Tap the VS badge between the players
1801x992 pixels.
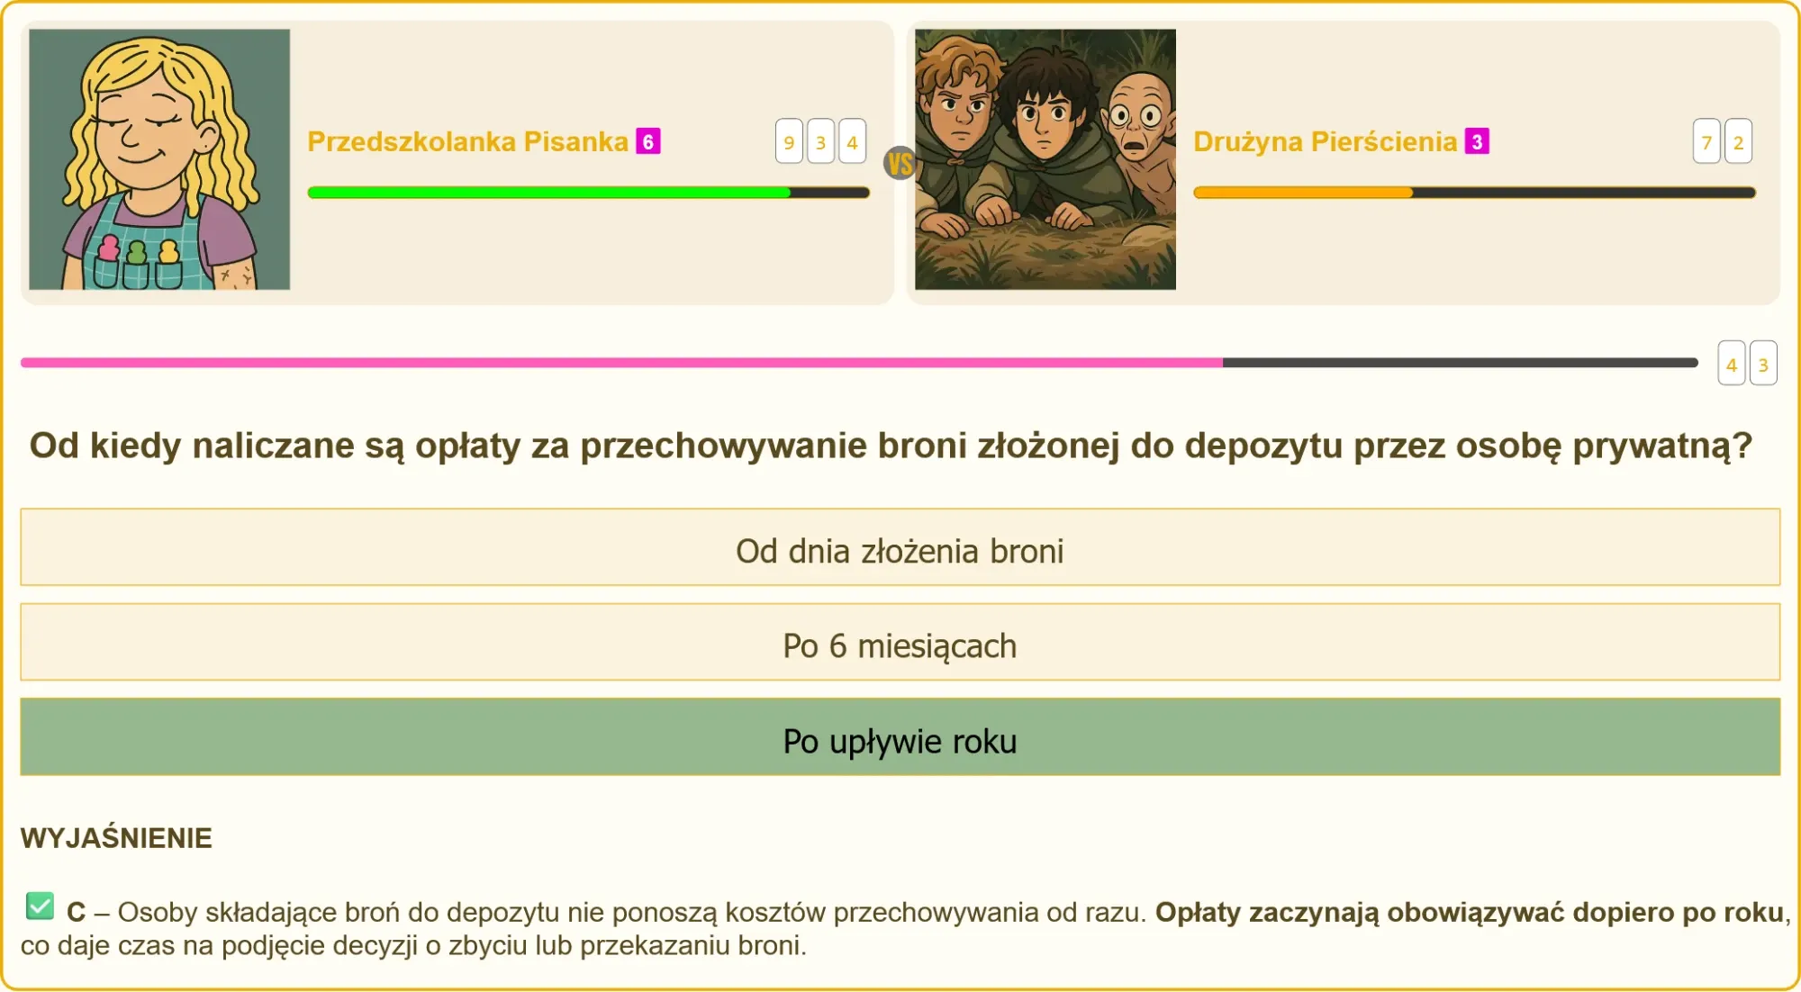tap(900, 163)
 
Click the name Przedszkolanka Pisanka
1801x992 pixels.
tap(467, 141)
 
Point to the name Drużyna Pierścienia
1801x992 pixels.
tap(1325, 141)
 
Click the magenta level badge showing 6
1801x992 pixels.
tap(648, 141)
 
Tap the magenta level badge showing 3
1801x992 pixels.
tap(1477, 141)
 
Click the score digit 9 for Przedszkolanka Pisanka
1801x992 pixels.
tap(789, 141)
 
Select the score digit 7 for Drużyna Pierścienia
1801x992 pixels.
tap(1706, 141)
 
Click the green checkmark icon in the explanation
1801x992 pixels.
tap(40, 906)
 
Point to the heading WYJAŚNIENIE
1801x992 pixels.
tap(116, 838)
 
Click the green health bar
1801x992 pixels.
tap(549, 193)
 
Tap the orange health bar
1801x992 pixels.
tap(1303, 193)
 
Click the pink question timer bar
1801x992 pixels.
tap(621, 363)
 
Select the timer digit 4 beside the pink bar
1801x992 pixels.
tap(1732, 364)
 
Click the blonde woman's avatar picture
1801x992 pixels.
tap(159, 159)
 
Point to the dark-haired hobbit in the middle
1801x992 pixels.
tap(1045, 135)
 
